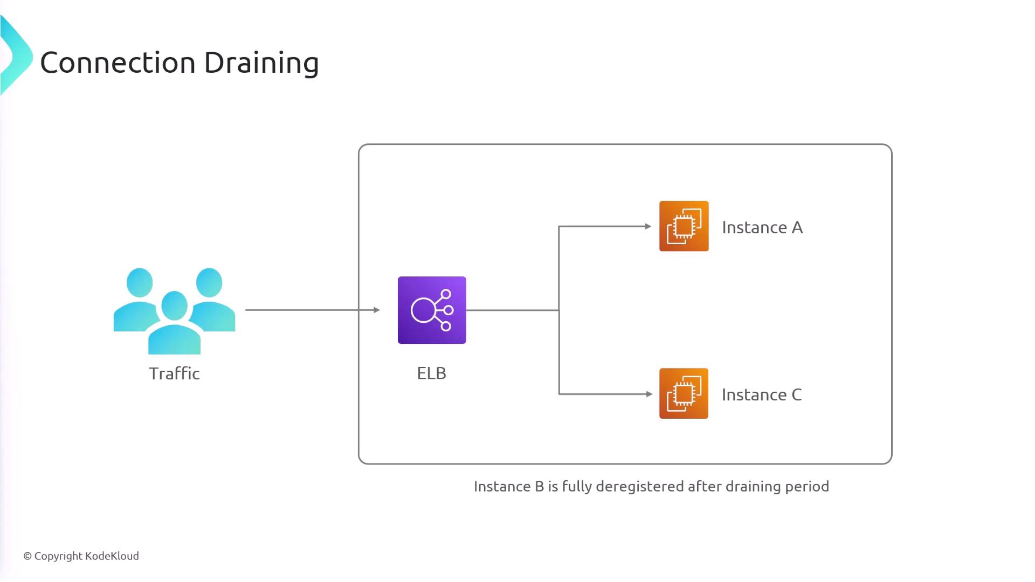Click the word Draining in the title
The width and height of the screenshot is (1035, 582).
pyautogui.click(x=261, y=63)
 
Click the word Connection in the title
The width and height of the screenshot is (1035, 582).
pyautogui.click(x=118, y=63)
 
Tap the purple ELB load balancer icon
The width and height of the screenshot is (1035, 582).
pyautogui.click(x=432, y=310)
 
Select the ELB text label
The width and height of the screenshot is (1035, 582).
pyautogui.click(x=431, y=373)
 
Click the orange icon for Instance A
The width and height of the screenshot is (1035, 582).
pyautogui.click(x=684, y=226)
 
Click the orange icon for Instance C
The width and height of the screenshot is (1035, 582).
pyautogui.click(x=684, y=393)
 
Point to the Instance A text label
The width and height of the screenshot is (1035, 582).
pyautogui.click(x=762, y=227)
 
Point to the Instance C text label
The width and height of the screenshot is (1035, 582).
pyautogui.click(x=762, y=395)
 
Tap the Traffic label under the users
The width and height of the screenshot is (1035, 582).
pyautogui.click(x=174, y=373)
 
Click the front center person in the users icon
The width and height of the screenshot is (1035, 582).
pyautogui.click(x=174, y=323)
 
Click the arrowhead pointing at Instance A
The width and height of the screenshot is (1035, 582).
pyautogui.click(x=648, y=226)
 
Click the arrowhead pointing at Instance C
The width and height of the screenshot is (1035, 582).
pyautogui.click(x=649, y=394)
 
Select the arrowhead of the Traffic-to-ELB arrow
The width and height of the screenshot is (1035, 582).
pyautogui.click(x=377, y=310)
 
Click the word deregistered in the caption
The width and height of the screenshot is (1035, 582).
pyautogui.click(x=640, y=487)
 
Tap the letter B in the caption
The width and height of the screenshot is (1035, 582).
pyautogui.click(x=539, y=487)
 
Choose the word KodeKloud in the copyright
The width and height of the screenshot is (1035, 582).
pyautogui.click(x=112, y=556)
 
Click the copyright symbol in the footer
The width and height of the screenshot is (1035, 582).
pyautogui.click(x=27, y=556)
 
